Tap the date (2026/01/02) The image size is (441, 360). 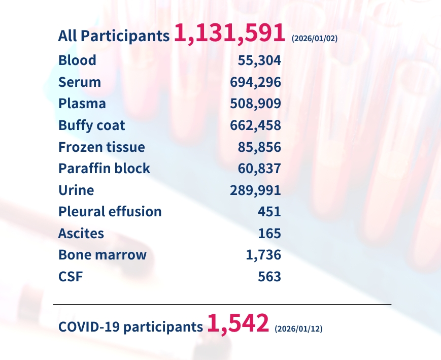click(315, 39)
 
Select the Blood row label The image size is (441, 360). click(77, 60)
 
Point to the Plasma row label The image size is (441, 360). click(82, 104)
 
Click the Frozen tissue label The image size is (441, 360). click(101, 147)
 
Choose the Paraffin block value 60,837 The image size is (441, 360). click(259, 169)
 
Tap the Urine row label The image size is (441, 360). click(76, 190)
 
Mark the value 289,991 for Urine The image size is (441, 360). click(256, 190)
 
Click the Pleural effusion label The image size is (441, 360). click(110, 212)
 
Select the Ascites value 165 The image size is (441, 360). click(269, 234)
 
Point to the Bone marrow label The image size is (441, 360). click(103, 255)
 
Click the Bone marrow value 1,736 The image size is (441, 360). click(263, 255)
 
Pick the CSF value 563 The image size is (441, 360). click(269, 277)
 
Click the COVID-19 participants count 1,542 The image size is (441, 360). click(238, 323)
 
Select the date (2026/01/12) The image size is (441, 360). click(298, 329)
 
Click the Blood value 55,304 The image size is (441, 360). click(259, 60)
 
